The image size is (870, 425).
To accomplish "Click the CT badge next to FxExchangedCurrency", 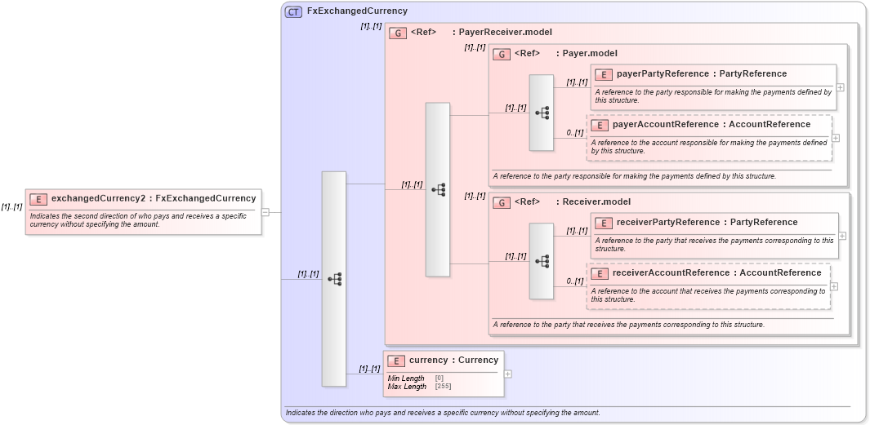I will (293, 11).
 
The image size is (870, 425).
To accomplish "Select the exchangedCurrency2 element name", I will (154, 198).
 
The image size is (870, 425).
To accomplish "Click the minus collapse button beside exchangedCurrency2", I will (265, 212).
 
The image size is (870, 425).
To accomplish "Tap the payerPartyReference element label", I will (702, 74).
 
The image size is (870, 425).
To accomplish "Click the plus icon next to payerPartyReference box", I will (840, 87).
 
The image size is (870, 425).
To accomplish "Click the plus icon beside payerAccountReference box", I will (835, 138).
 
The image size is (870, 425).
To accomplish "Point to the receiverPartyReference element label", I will (707, 223).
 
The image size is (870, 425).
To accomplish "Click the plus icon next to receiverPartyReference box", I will (842, 236).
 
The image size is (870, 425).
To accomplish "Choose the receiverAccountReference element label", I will (716, 273).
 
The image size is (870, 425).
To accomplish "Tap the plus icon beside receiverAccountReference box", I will (834, 286).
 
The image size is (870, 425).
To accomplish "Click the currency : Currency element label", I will (453, 361).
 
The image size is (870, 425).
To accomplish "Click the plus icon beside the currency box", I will (508, 374).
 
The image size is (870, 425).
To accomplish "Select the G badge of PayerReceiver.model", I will (398, 33).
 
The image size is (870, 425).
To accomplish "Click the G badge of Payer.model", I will (502, 54).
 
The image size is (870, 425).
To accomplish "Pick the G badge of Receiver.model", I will (502, 202).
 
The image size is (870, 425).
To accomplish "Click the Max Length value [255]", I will (442, 387).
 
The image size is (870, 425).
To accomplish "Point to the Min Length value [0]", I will (439, 379).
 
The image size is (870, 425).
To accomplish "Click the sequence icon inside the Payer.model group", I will (542, 113).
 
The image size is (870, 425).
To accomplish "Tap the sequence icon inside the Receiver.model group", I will (542, 261).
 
